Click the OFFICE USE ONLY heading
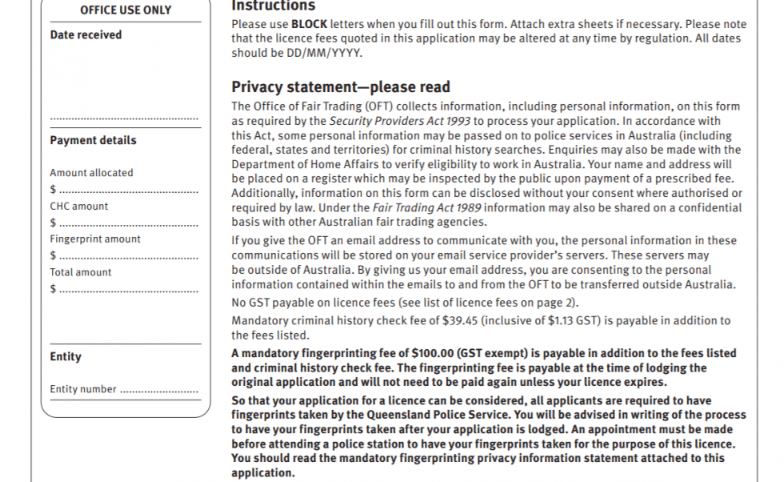coord(125,10)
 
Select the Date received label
coord(86,35)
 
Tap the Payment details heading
coord(93,140)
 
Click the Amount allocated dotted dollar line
coord(128,191)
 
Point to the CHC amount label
coord(79,206)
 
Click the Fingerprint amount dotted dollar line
coord(128,256)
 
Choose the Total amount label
coord(81,272)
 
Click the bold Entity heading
coord(66,357)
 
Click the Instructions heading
coord(271,6)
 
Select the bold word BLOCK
coord(309,24)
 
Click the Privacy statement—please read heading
coord(341,87)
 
